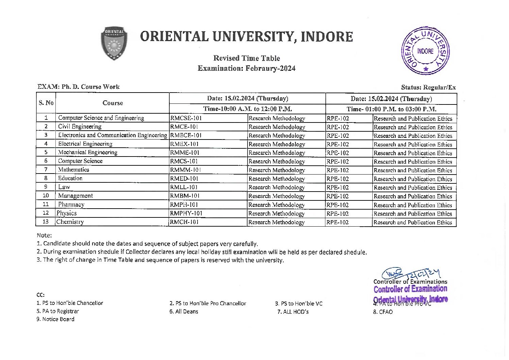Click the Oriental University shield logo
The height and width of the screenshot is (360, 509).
[x=114, y=44]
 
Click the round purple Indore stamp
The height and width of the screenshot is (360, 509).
[x=425, y=51]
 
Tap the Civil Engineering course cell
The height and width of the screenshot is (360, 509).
[x=80, y=127]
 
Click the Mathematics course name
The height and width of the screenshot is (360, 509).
[x=73, y=169]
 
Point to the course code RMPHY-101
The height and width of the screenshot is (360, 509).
[x=186, y=213]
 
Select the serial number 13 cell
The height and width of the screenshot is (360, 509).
[x=46, y=222]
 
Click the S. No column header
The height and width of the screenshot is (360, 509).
[x=46, y=103]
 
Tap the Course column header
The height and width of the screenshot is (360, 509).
[x=113, y=103]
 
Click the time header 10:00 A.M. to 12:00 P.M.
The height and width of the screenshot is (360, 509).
[x=248, y=109]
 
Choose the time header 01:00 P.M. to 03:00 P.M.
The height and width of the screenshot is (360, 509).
[x=391, y=109]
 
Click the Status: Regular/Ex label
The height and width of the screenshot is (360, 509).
[x=428, y=87]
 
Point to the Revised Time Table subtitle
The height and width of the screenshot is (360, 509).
[x=247, y=58]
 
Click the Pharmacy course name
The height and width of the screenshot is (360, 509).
[x=71, y=204]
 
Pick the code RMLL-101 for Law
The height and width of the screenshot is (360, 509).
[x=184, y=187]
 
